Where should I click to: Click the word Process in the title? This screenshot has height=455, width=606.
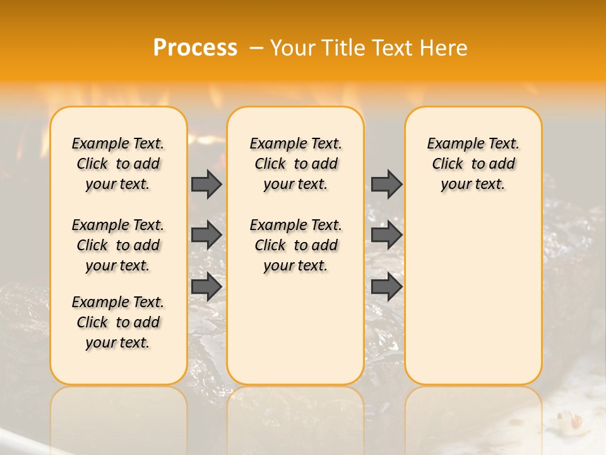pyautogui.click(x=195, y=48)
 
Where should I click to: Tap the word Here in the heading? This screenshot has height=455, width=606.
pyautogui.click(x=444, y=48)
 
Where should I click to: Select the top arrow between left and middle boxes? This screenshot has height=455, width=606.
pyautogui.click(x=206, y=184)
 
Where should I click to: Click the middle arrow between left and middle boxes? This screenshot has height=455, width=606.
pyautogui.click(x=206, y=235)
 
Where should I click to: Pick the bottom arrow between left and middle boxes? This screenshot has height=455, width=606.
pyautogui.click(x=206, y=286)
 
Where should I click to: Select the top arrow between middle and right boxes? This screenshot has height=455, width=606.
pyautogui.click(x=386, y=184)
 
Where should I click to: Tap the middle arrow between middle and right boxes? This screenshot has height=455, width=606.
pyautogui.click(x=386, y=235)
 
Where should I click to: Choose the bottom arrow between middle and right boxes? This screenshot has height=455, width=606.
pyautogui.click(x=386, y=286)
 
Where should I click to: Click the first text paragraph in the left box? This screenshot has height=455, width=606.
pyautogui.click(x=118, y=164)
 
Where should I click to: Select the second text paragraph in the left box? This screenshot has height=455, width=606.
pyautogui.click(x=118, y=245)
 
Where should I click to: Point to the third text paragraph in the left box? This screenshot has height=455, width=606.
pyautogui.click(x=118, y=322)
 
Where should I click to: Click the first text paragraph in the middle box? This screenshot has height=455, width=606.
pyautogui.click(x=295, y=164)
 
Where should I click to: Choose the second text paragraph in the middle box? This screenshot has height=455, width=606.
pyautogui.click(x=295, y=245)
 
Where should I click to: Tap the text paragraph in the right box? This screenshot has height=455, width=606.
pyautogui.click(x=473, y=164)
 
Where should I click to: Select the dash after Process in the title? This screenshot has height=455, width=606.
pyautogui.click(x=256, y=48)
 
